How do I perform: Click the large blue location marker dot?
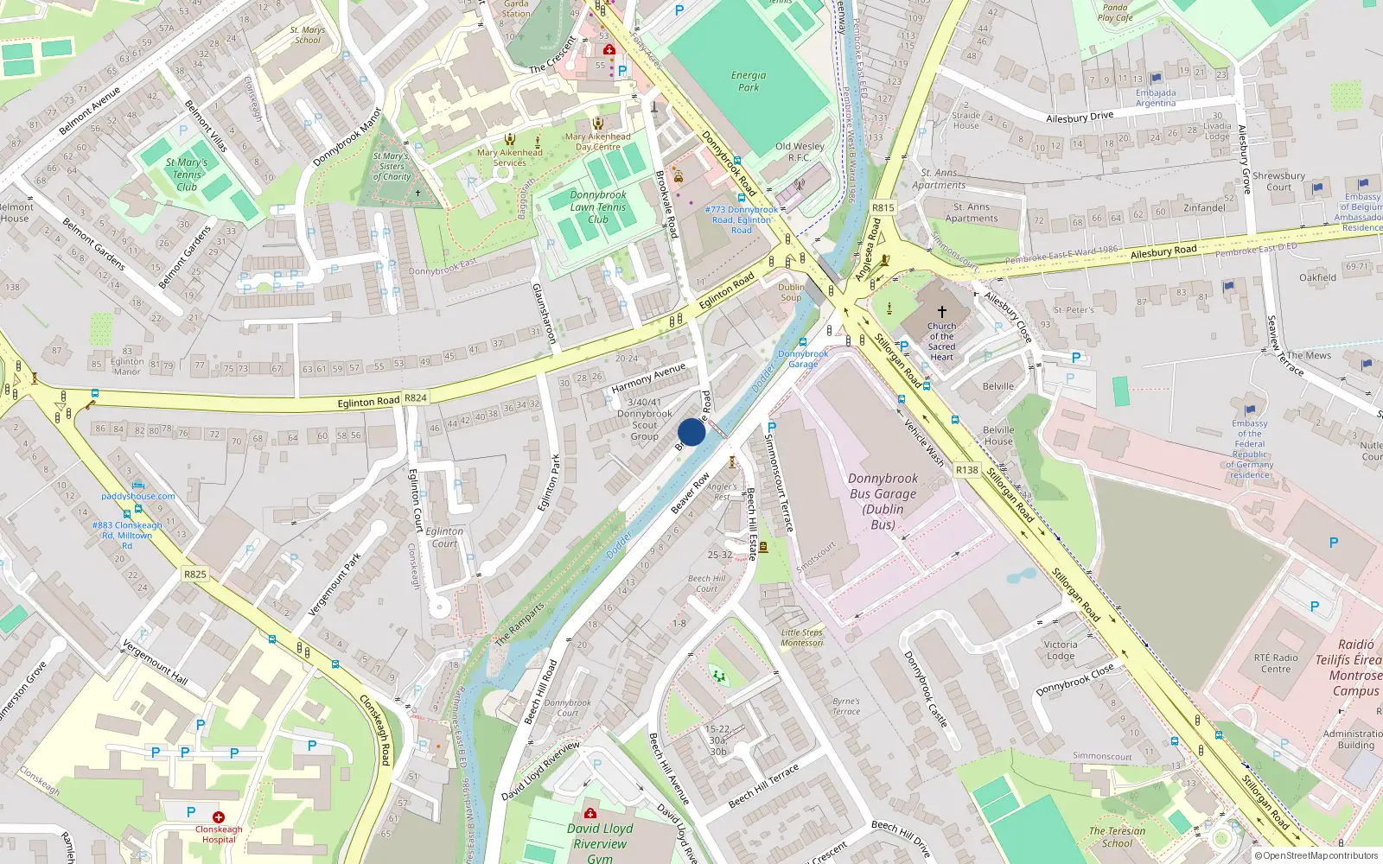(691, 432)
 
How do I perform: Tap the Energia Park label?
(749, 81)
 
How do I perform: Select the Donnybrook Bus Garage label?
(883, 501)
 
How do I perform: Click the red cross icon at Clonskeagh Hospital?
(219, 816)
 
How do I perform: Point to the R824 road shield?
(416, 398)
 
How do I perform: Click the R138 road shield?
(967, 470)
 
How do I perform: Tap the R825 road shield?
(195, 574)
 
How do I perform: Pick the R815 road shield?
(883, 207)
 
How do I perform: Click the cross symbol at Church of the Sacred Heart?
(942, 311)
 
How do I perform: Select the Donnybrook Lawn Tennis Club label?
(598, 207)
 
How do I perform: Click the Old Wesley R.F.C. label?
(800, 151)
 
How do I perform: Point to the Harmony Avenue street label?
(648, 378)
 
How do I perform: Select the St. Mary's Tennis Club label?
(187, 175)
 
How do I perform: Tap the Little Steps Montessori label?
(802, 638)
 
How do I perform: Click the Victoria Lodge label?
(1061, 650)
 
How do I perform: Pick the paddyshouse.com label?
(138, 496)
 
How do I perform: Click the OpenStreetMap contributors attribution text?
(1316, 855)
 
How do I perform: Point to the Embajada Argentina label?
(1156, 98)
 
